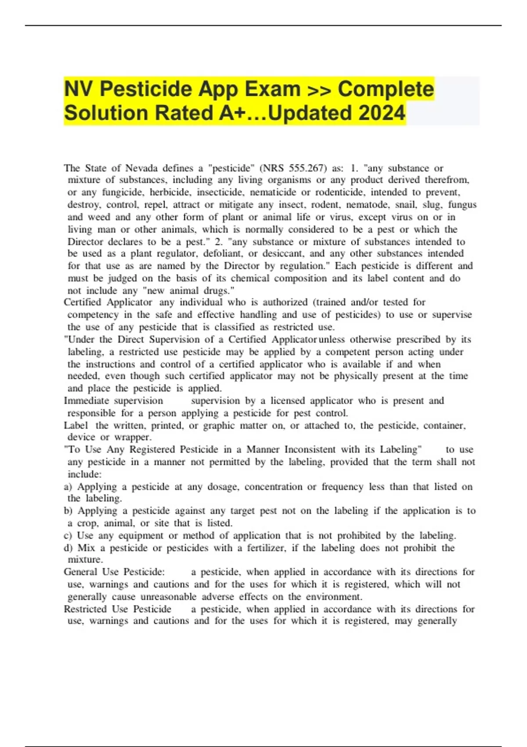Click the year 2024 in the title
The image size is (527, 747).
point(382,113)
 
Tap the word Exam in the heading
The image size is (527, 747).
point(273,89)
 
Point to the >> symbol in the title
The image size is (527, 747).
point(319,89)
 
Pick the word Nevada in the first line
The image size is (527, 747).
point(141,168)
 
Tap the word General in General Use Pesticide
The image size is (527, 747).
point(80,572)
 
